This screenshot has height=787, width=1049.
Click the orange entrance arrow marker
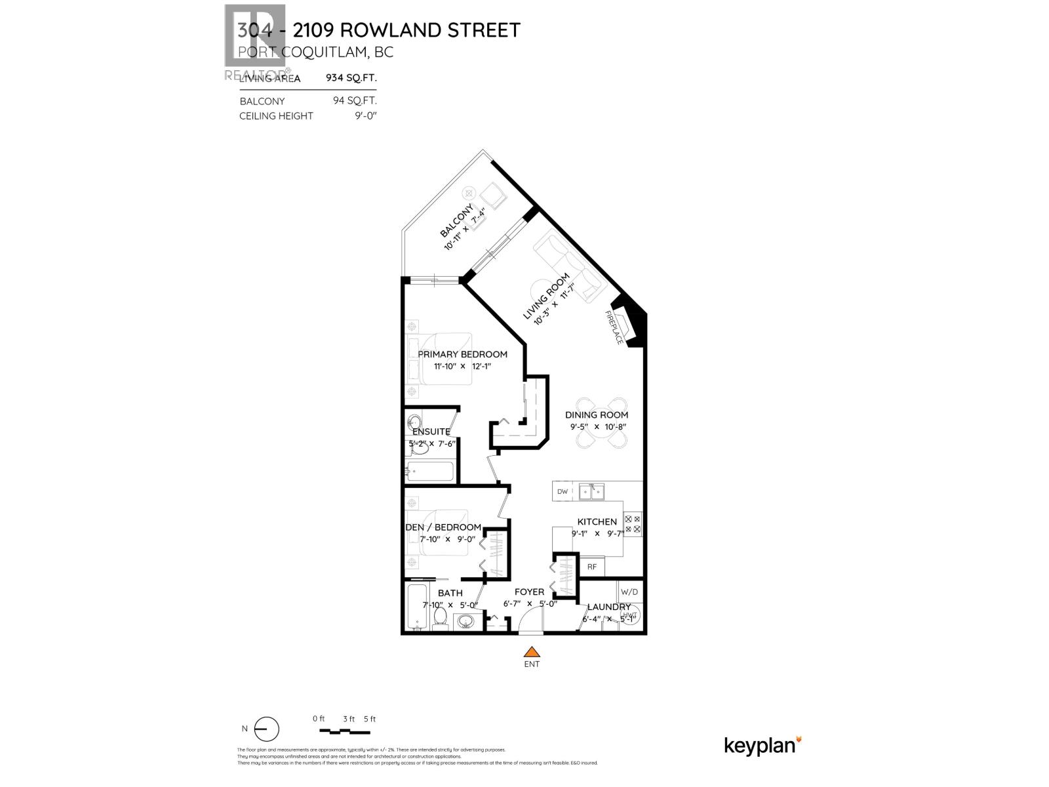pos(532,652)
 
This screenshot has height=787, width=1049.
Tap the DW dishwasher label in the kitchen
pos(562,492)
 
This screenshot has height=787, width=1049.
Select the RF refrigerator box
pos(591,567)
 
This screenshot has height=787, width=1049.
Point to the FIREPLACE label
pos(614,328)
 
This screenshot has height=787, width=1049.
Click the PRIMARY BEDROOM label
pos(462,354)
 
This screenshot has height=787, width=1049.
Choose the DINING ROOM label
pos(597,414)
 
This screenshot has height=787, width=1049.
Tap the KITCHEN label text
pos(597,522)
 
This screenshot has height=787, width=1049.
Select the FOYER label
pos(529,592)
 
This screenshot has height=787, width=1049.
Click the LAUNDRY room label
pos(608,607)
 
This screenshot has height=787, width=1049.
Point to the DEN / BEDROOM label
pos(443,527)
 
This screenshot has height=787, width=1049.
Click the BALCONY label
pos(456,220)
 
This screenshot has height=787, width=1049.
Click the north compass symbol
pos(266,729)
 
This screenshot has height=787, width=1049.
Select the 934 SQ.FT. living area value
pos(351,77)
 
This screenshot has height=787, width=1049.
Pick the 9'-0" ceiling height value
pos(365,116)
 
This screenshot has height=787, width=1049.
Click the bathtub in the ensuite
pos(430,471)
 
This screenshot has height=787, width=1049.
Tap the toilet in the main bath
pos(441,617)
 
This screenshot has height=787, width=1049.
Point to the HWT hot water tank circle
pos(629,615)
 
